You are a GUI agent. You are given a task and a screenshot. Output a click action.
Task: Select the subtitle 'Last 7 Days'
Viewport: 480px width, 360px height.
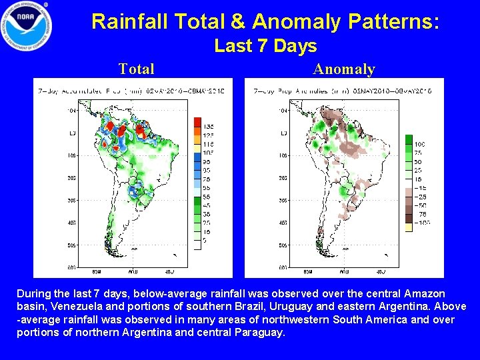pos(265,46)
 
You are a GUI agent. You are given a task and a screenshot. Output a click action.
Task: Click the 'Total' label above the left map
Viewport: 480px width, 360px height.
pos(136,69)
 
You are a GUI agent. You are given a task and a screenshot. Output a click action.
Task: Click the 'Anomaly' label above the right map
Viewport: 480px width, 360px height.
pos(344,69)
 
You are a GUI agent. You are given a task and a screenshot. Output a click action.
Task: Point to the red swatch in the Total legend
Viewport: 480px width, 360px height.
pos(197,122)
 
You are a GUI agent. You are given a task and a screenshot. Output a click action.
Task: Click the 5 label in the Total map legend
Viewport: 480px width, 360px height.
pos(205,240)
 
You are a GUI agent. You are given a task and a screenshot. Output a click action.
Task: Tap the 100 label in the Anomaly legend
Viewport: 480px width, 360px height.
pos(419,144)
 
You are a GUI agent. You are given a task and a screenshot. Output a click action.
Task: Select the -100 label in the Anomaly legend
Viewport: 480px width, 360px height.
pos(421,223)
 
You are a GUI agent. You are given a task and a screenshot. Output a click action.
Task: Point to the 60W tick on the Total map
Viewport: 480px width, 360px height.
pos(132,271)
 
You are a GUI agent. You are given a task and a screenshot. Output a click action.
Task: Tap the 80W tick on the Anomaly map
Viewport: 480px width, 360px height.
pos(307,271)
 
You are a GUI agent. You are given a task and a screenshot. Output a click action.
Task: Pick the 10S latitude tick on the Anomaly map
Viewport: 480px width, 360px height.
pos(282,155)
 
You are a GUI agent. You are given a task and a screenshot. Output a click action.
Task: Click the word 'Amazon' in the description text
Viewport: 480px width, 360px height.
pos(427,294)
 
